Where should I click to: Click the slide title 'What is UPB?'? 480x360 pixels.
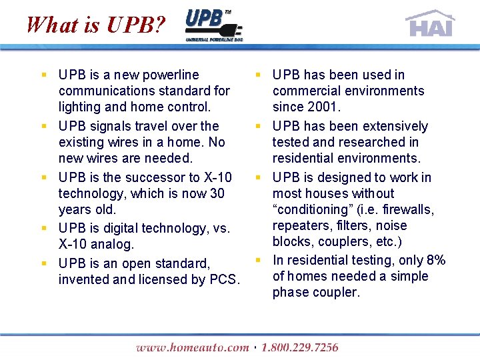tap(95, 25)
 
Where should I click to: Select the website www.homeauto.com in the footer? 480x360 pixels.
tap(192, 347)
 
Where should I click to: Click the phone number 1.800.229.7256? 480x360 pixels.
tap(300, 347)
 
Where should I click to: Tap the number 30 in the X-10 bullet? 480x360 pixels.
tap(216, 193)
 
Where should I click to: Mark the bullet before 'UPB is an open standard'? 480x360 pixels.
tap(43, 263)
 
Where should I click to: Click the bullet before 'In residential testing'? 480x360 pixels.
tap(257, 260)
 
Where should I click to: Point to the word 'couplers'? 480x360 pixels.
tap(343, 241)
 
